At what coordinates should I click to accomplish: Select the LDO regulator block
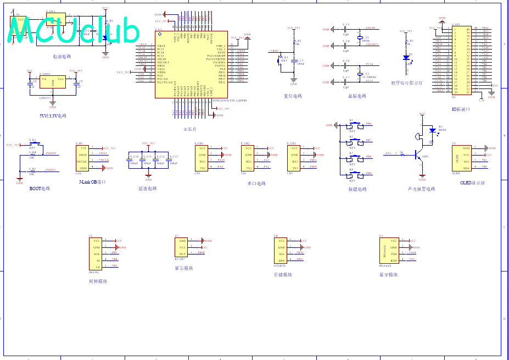53,82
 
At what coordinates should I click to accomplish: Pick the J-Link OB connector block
83,158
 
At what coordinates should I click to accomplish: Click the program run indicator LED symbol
406,57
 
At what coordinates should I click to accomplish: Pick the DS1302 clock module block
97,253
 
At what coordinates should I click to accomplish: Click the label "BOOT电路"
40,189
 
